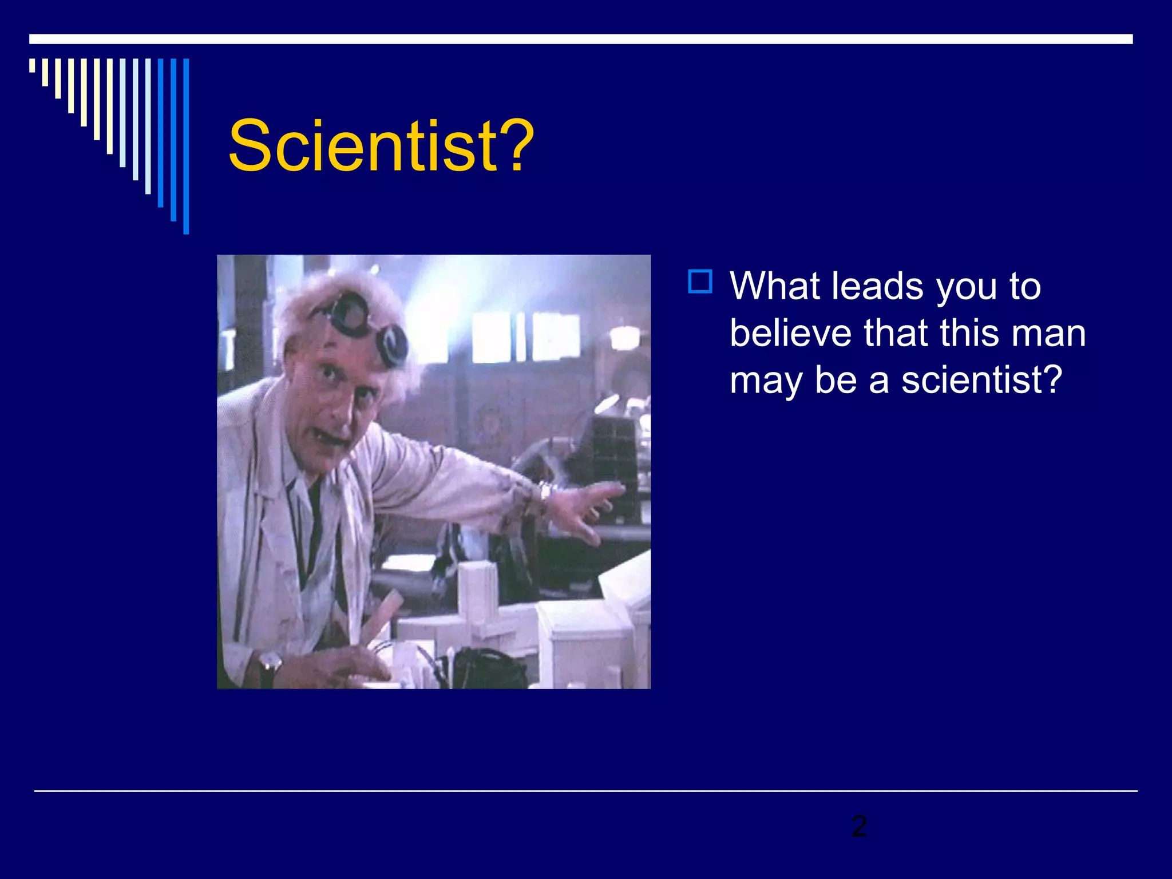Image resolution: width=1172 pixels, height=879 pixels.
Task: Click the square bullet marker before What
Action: click(700, 282)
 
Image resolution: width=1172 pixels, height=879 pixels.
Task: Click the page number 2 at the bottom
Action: click(858, 826)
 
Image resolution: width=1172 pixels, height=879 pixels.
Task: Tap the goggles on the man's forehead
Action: click(366, 326)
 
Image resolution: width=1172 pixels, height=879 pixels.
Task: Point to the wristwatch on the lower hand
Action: click(269, 664)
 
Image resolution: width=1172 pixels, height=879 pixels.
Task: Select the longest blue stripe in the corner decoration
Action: click(186, 146)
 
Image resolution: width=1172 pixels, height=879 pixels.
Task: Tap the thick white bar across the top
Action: click(581, 39)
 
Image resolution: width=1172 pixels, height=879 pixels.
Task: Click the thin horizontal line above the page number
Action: click(586, 791)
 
